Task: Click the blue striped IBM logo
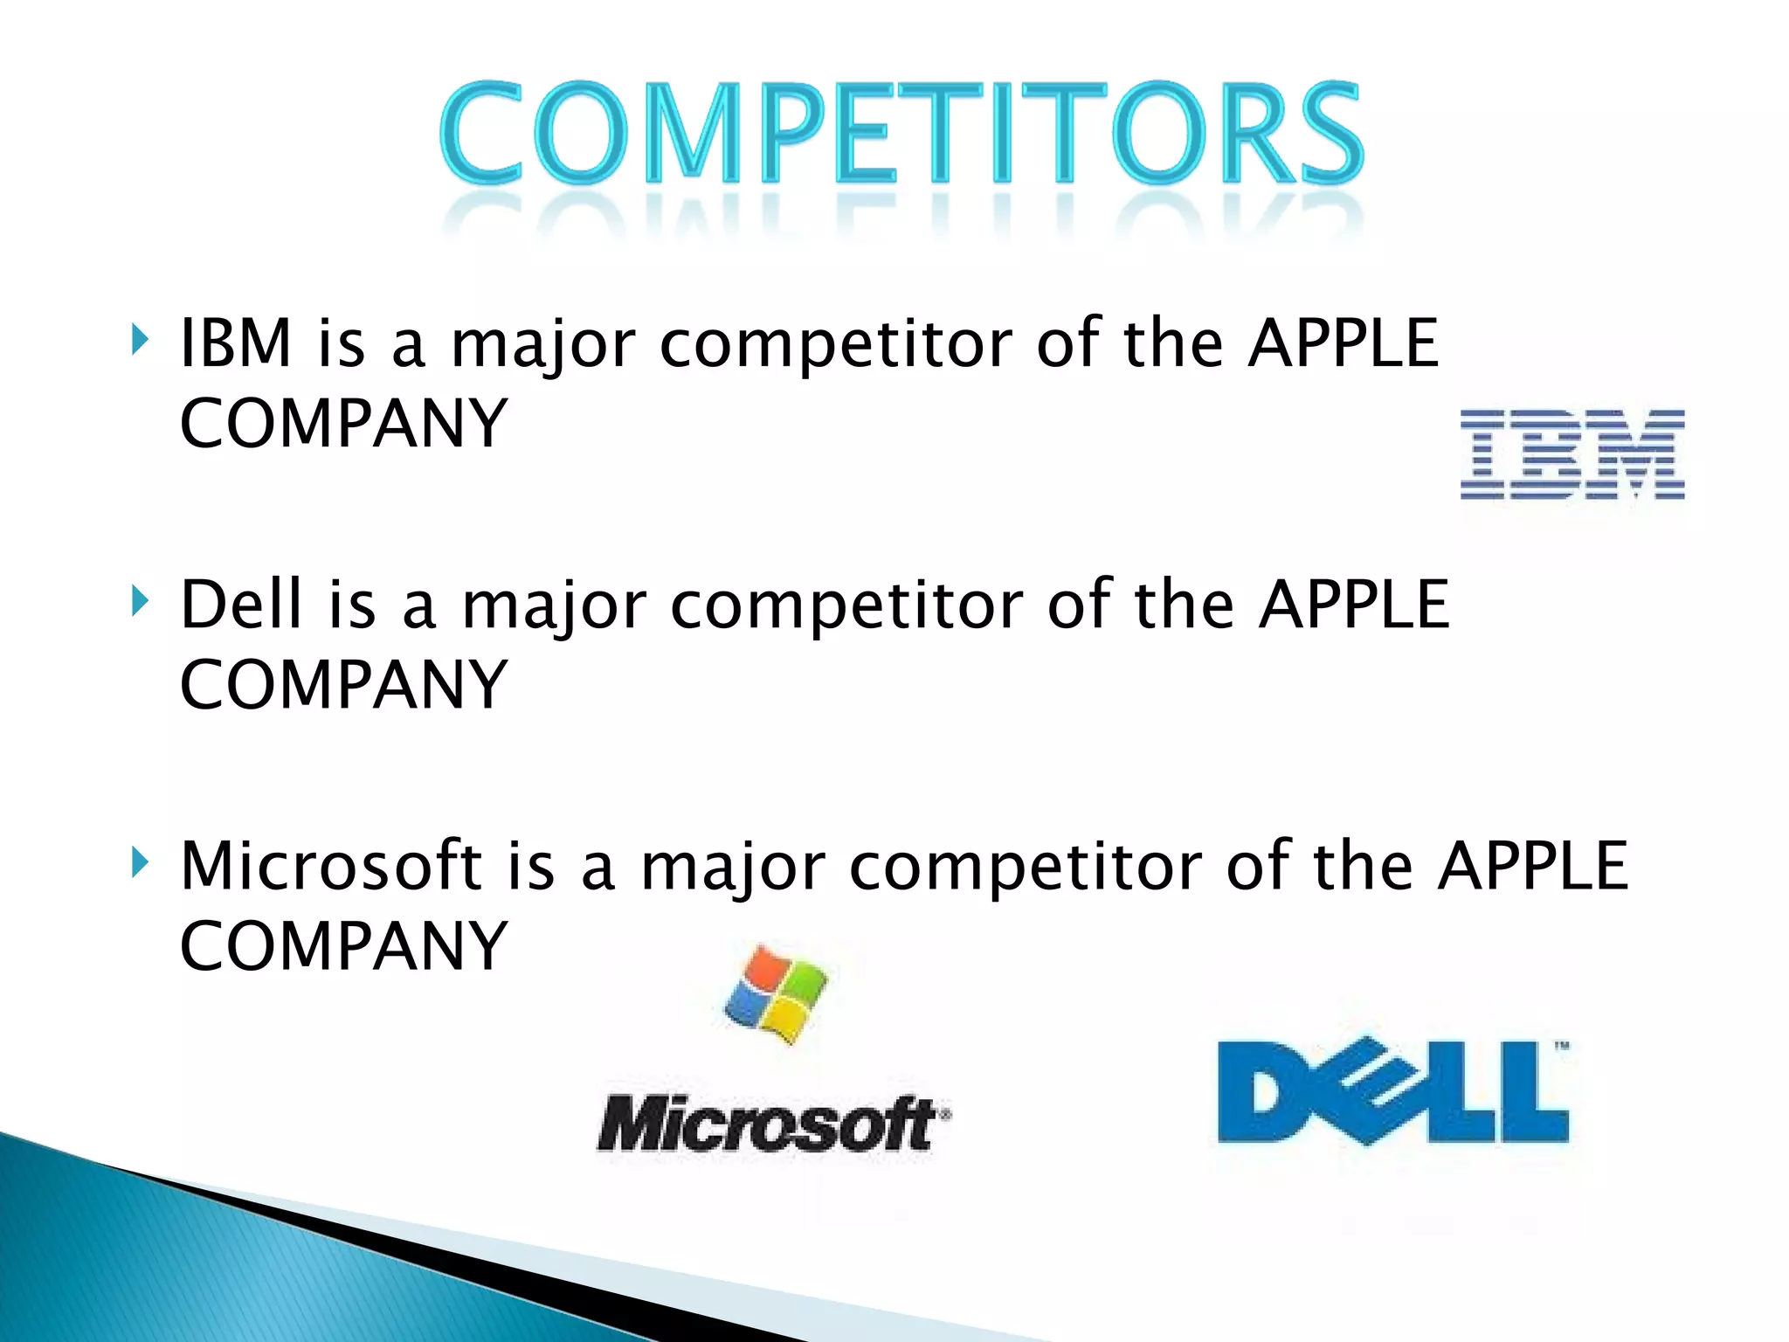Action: coord(1572,454)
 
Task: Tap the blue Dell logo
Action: coord(1393,1092)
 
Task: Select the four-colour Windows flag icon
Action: coord(776,994)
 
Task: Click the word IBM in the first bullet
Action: coord(236,342)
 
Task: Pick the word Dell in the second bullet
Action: coord(242,604)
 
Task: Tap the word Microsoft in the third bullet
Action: coord(331,865)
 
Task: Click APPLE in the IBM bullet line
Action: coord(1343,342)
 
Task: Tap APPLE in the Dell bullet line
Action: coord(1354,604)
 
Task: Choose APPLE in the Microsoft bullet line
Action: coord(1534,865)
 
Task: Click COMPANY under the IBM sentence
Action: coord(343,424)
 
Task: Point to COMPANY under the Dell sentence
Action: coord(343,685)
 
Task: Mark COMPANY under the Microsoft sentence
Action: coord(343,946)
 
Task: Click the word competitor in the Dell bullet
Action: coord(846,605)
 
